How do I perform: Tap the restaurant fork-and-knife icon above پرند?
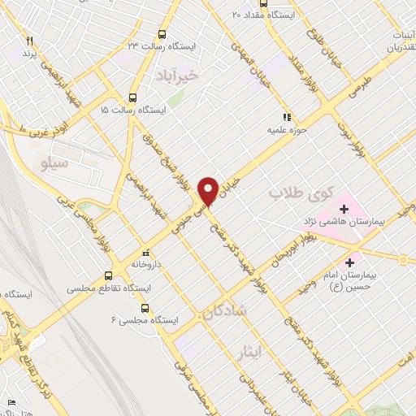point(30,41)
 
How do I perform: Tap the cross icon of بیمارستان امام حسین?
point(350,262)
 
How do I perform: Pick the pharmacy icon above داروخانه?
point(145,252)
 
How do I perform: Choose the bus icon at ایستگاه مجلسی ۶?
point(145,308)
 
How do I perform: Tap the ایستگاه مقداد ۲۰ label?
point(260,14)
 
